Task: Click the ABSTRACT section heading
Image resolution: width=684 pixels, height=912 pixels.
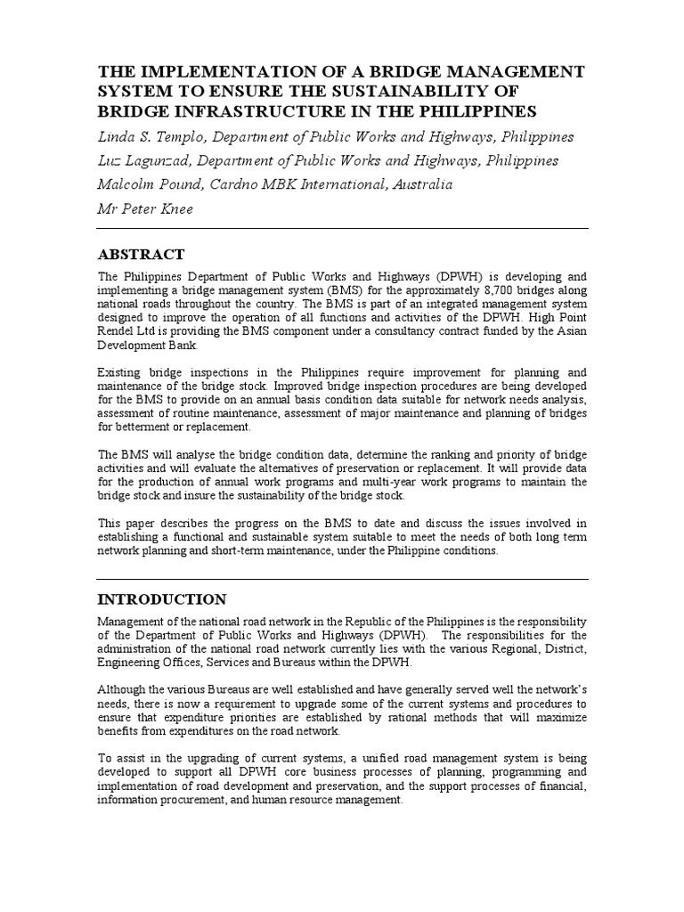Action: click(142, 254)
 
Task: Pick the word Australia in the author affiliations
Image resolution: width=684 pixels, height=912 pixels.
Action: click(417, 185)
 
